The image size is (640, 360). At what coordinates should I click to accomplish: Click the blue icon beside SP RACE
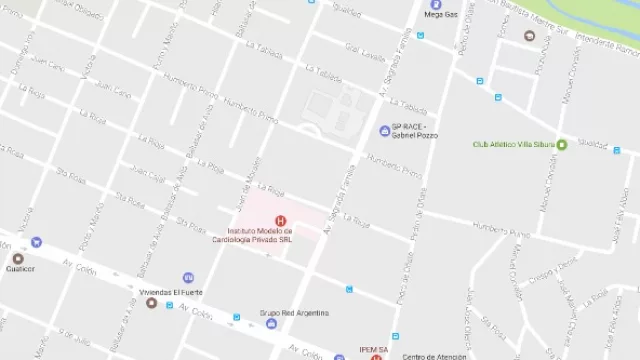pyautogui.click(x=384, y=131)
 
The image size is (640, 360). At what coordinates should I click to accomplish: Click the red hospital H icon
pyautogui.click(x=280, y=220)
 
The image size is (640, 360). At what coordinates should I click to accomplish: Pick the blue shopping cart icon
pyautogui.click(x=37, y=241)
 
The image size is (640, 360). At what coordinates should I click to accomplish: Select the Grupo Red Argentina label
pyautogui.click(x=295, y=313)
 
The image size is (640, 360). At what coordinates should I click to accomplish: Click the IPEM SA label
pyautogui.click(x=375, y=349)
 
